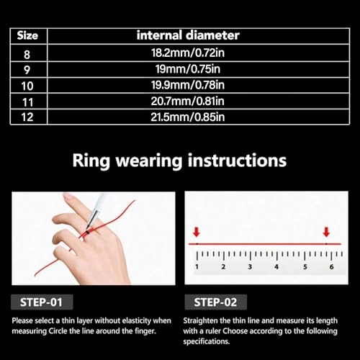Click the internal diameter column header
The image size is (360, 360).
point(189,35)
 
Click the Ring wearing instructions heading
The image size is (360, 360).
point(179,160)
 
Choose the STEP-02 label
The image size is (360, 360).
point(211,302)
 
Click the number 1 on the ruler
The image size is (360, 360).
point(197,266)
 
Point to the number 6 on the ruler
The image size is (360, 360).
point(330,266)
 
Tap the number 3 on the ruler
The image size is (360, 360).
point(250,266)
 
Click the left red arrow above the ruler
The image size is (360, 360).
point(196,232)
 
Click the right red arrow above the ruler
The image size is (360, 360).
point(326,232)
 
